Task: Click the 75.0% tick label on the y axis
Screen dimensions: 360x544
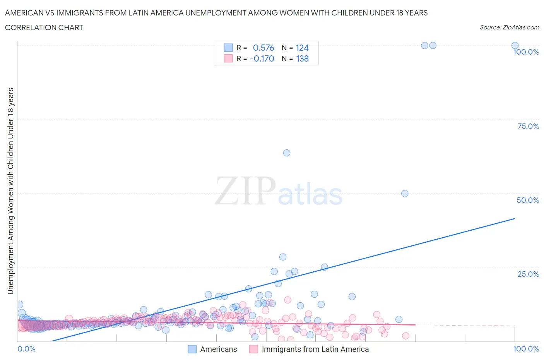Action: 528,126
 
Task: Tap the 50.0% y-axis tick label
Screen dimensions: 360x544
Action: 528,200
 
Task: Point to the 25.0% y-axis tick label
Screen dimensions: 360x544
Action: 528,274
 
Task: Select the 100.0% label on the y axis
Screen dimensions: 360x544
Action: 526,52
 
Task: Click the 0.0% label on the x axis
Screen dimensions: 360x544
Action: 26,349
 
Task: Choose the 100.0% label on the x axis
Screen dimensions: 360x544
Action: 526,349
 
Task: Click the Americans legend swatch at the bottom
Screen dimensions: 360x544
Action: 192,349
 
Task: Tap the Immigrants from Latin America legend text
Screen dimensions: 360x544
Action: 315,349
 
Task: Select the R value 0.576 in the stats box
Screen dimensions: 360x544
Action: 263,48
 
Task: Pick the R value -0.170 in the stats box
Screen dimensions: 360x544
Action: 262,59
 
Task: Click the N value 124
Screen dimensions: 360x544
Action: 302,48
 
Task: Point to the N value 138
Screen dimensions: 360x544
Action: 302,59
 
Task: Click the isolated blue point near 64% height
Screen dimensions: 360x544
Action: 287,153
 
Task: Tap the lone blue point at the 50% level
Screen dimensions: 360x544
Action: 405,194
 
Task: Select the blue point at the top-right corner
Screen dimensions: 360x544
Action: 515,45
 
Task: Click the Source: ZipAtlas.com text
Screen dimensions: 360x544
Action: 509,27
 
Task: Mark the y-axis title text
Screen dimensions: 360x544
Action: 10,191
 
